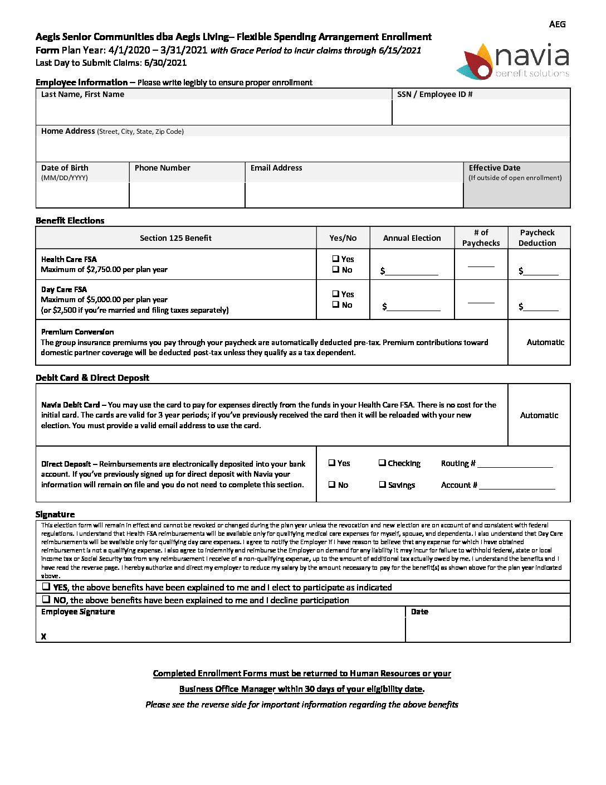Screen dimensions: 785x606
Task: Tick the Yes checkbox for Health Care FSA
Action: click(336, 259)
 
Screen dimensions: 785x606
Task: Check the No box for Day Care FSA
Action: click(336, 304)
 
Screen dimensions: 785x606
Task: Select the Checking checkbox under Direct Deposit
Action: click(382, 463)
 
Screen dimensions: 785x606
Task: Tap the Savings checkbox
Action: click(382, 484)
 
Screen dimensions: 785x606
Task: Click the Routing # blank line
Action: click(515, 464)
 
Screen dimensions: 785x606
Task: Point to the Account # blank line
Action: click(517, 486)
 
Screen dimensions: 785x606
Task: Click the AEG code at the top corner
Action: click(557, 24)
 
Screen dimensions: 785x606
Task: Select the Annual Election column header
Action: click(412, 238)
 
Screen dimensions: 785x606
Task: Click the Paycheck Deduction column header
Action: click(537, 238)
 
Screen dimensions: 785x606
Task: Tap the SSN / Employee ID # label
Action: click(434, 94)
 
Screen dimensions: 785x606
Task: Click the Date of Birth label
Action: click(65, 168)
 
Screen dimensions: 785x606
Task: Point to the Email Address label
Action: click(276, 168)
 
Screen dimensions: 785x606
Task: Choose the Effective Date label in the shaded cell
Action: click(495, 168)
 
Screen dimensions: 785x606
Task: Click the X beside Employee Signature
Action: click(43, 636)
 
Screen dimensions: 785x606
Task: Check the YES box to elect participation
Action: click(46, 587)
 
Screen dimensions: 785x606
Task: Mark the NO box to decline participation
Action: click(46, 599)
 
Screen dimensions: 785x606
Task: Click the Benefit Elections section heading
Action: click(70, 221)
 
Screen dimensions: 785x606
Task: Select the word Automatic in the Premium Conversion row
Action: click(545, 342)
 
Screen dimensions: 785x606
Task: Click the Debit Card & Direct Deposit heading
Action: click(92, 378)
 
